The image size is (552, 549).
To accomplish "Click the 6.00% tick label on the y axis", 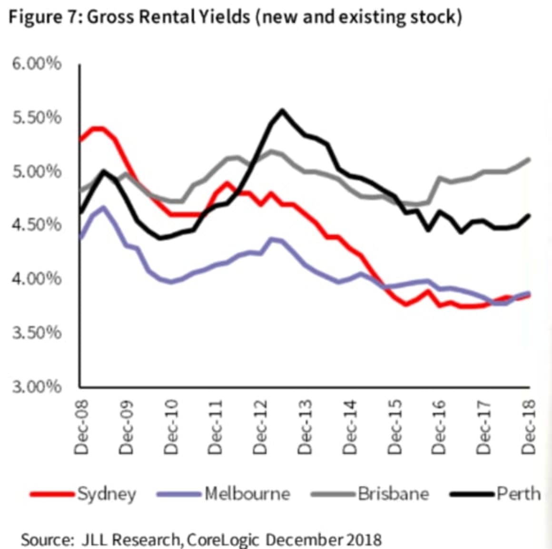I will [x=37, y=63].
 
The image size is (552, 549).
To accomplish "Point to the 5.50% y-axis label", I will [x=37, y=118].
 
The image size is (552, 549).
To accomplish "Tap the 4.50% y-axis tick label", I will [x=37, y=225].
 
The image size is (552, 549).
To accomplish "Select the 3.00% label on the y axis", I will [x=37, y=386].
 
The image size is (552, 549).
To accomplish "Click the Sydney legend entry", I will [x=106, y=494].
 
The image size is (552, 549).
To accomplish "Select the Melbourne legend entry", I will [x=247, y=494].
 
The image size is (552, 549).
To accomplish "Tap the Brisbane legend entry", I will [x=393, y=494].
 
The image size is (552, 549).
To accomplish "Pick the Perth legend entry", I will [x=518, y=494].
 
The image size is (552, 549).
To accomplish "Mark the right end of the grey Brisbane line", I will [x=529, y=159].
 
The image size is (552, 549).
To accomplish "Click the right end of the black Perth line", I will [x=529, y=215].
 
